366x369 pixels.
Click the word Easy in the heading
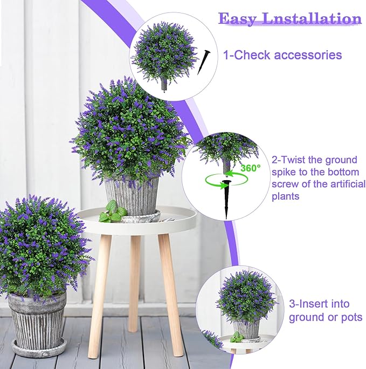(238, 18)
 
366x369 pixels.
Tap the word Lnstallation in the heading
(312, 18)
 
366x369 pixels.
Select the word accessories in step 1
(308, 55)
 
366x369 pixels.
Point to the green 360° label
(251, 168)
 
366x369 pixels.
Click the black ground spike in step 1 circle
(204, 62)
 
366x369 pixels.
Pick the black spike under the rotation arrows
(226, 199)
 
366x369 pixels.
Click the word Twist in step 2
(294, 160)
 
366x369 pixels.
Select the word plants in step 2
(286, 196)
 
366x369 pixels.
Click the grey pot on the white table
(132, 197)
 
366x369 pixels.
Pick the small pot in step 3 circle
(246, 330)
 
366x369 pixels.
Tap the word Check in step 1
(252, 55)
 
